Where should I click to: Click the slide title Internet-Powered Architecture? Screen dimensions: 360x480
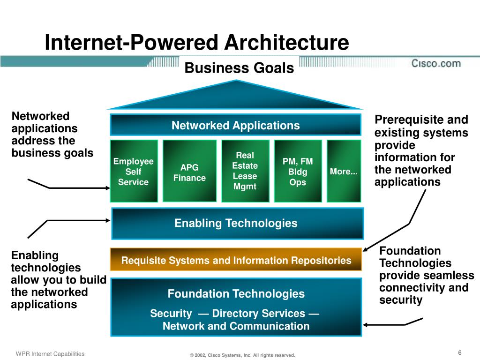click(197, 43)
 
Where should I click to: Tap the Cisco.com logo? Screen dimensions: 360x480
click(436, 63)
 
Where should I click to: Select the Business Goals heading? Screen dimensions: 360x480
click(239, 68)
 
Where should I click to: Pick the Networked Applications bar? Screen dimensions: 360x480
click(235, 125)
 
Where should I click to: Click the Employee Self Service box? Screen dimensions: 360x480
click(134, 172)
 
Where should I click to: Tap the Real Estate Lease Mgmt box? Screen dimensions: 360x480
click(245, 171)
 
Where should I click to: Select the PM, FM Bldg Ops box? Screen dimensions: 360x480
click(298, 172)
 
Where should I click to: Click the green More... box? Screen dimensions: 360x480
click(344, 172)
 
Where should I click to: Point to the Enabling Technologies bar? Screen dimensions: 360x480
click(237, 223)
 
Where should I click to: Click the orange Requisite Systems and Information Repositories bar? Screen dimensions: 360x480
click(236, 260)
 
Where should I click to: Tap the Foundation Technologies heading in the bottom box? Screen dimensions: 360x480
click(236, 294)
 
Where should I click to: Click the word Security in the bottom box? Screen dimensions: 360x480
click(171, 314)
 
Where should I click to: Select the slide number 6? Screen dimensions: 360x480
click(460, 352)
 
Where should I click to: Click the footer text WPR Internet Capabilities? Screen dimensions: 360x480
click(50, 354)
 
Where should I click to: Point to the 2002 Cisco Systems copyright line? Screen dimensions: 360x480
click(242, 355)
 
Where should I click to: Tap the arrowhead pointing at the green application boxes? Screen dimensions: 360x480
click(106, 188)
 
